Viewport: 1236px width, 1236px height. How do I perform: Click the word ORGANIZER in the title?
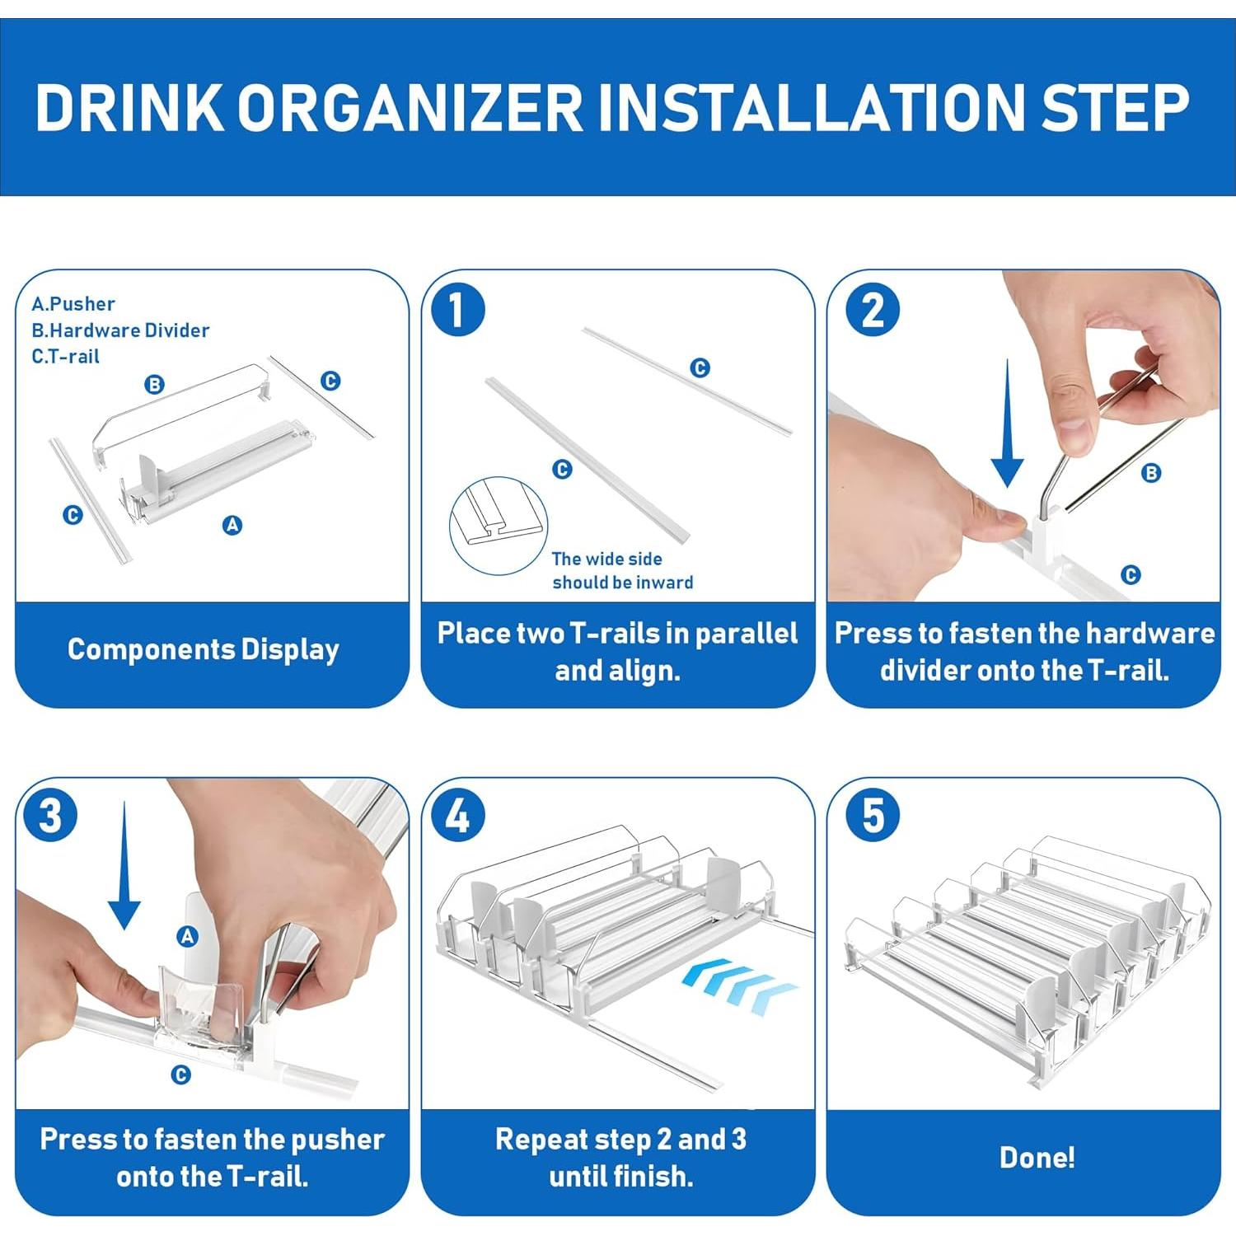[410, 107]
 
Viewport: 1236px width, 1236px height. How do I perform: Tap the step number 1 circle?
[458, 310]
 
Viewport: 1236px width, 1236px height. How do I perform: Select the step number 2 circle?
[873, 310]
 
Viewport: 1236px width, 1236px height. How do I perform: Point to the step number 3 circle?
[50, 816]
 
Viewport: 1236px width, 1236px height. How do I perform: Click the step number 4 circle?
[458, 816]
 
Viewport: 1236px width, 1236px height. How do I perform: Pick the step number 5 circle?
[873, 816]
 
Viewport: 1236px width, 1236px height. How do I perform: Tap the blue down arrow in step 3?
[124, 865]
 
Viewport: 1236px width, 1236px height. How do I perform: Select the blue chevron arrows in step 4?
[740, 986]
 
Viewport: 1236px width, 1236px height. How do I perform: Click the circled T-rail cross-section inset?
[499, 526]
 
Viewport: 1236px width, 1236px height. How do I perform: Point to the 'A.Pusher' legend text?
[73, 303]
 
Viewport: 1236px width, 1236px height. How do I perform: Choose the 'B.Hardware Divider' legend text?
[120, 330]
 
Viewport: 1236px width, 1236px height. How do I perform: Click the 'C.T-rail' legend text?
[65, 356]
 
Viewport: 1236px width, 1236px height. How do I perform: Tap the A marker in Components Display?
[232, 525]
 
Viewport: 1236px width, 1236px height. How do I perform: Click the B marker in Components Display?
[154, 384]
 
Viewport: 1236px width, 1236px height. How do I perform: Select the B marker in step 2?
[1151, 473]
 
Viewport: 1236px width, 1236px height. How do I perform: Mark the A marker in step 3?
[188, 936]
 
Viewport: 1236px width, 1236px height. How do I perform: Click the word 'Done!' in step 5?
[1037, 1158]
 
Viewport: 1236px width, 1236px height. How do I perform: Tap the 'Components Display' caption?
[204, 649]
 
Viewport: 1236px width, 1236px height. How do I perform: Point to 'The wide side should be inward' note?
[622, 570]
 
